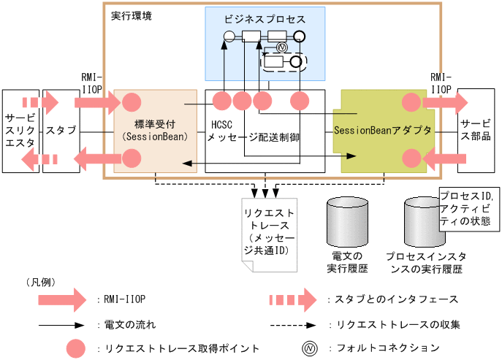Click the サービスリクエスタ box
pos(20,131)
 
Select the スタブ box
pos(61,131)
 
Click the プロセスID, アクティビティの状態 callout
pos(468,210)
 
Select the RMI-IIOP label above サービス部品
pos(441,83)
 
